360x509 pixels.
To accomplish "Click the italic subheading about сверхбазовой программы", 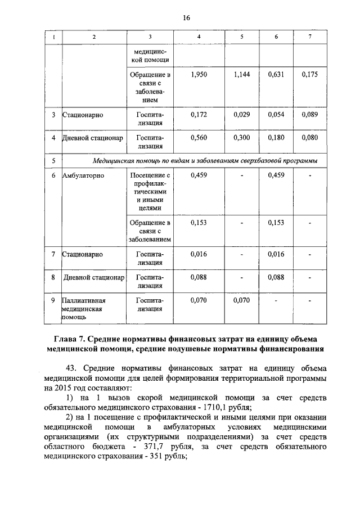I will pyautogui.click(x=205, y=161).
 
